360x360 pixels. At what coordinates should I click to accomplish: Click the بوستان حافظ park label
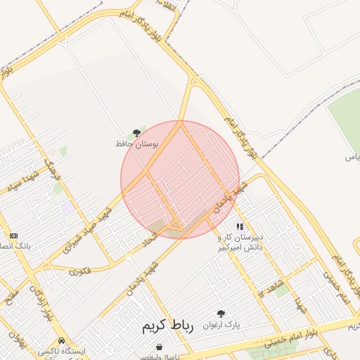tap(137, 143)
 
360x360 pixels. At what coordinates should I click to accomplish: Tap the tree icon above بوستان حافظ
tap(137, 132)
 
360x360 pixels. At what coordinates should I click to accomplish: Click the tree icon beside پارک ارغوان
tap(221, 314)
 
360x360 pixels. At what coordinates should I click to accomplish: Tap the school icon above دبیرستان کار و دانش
tap(240, 227)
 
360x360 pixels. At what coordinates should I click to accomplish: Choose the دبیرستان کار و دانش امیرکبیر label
tap(240, 243)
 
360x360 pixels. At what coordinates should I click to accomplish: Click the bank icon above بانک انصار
tap(13, 236)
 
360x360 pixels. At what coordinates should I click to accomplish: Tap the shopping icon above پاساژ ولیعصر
tap(160, 347)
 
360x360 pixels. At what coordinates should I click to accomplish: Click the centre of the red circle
tap(180, 179)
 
